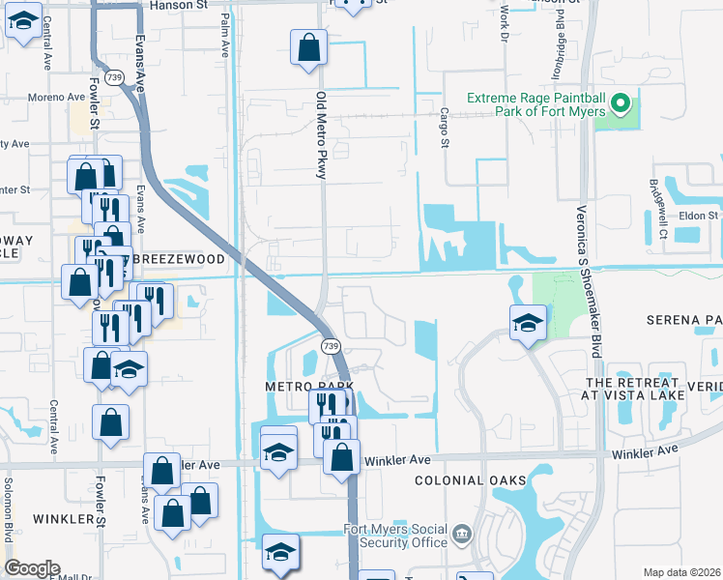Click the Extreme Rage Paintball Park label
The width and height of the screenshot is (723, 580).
pos(536,104)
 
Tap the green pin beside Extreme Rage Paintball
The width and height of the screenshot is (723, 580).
pos(622,101)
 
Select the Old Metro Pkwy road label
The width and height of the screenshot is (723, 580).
pos(322,135)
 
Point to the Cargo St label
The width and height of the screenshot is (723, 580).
pos(446,128)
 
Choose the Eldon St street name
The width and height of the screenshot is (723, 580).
pos(699,216)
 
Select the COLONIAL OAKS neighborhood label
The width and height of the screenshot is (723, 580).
pos(471,480)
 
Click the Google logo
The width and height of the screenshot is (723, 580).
pos(32,568)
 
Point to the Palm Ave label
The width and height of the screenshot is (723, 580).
pos(225,34)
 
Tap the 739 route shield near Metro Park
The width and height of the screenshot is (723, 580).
pos(331,345)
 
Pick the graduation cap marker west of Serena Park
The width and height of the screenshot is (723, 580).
pos(529,323)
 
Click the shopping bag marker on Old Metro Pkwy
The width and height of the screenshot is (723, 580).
pos(308,47)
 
